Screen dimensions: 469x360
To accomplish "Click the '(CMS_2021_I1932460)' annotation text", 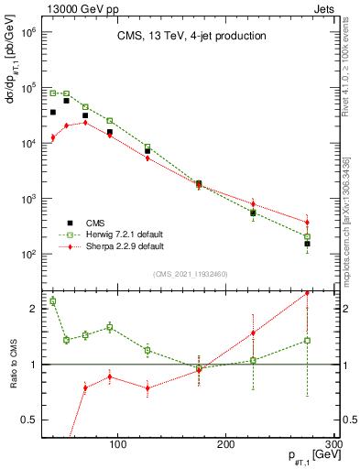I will [x=190, y=274].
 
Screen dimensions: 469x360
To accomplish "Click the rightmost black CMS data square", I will [x=308, y=244].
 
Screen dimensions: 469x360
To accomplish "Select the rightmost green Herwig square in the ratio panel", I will [x=308, y=340].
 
